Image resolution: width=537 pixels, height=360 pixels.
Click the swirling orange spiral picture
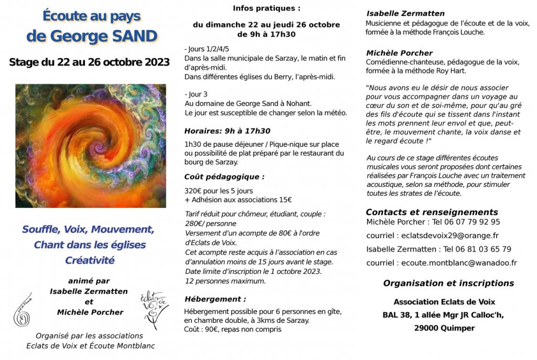click(91, 145)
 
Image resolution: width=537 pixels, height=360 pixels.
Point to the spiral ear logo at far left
click(23, 310)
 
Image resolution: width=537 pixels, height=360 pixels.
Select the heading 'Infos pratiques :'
click(267, 8)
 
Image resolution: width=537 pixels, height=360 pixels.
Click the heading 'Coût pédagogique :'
click(224, 177)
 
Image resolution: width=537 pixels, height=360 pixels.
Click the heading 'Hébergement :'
click(215, 299)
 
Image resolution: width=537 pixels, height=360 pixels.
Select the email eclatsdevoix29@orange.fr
click(449, 236)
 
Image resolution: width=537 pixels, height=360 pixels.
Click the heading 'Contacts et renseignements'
click(432, 212)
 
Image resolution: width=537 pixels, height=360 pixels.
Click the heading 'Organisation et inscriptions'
click(448, 283)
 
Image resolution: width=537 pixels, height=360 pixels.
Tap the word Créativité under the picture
click(90, 260)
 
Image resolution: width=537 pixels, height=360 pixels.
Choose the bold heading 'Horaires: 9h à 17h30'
click(227, 131)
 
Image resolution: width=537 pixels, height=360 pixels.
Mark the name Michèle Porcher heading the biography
click(400, 53)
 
